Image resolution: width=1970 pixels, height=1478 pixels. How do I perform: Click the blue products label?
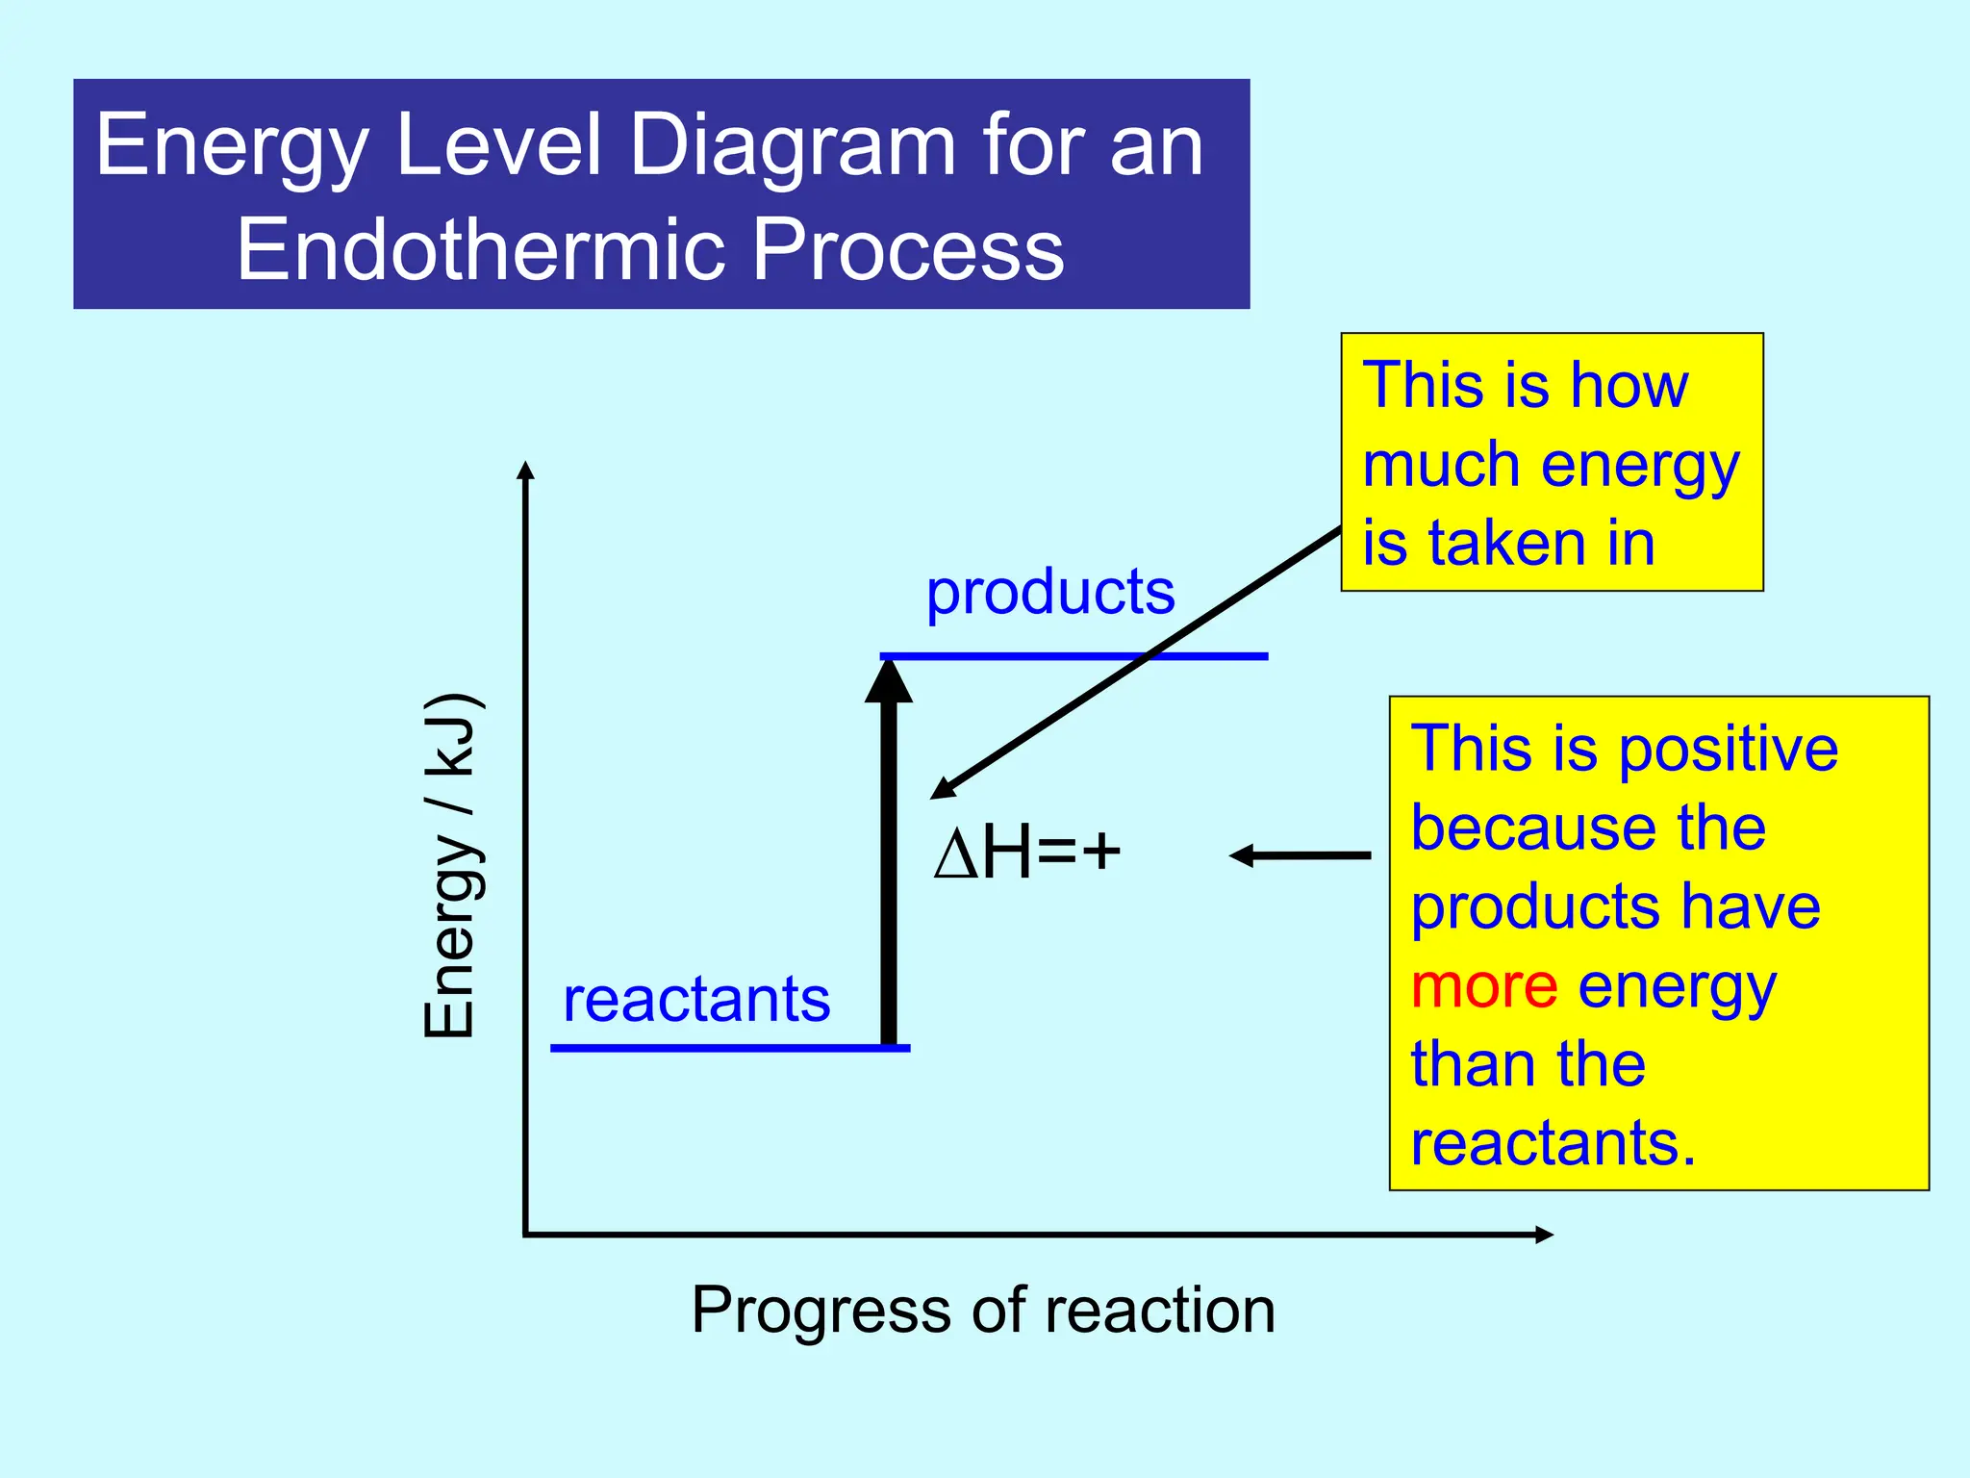point(1050,592)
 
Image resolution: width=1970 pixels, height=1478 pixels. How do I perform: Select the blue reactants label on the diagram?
point(696,1000)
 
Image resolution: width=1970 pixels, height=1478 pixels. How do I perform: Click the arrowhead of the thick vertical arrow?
point(889,681)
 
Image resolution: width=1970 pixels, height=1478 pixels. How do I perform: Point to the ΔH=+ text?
point(1027,853)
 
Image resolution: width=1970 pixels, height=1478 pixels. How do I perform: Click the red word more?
point(1483,986)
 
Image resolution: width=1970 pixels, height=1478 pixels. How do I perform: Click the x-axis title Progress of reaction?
point(983,1311)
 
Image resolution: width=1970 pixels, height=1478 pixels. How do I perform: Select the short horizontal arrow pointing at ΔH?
point(1301,854)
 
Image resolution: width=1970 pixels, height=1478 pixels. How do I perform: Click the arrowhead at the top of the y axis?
point(525,470)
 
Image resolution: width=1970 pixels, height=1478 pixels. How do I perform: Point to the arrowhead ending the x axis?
point(1544,1235)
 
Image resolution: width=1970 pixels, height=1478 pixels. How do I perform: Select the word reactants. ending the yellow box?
point(1553,1143)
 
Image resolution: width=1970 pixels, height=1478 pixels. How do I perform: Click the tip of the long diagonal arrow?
point(937,795)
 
